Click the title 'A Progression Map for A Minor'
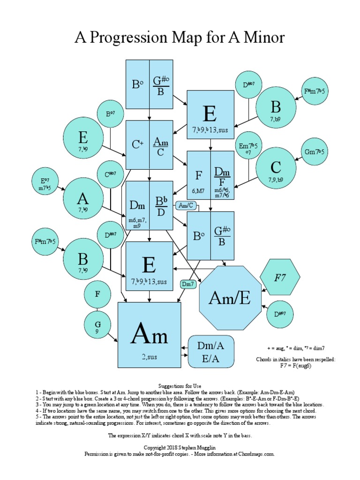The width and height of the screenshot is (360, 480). tap(180, 37)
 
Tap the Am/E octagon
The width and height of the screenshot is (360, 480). tap(230, 297)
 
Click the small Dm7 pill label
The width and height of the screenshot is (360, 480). tap(188, 284)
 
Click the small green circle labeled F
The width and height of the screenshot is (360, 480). tap(97, 295)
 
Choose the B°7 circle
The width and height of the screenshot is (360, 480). tap(110, 114)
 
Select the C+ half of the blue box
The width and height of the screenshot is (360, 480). tap(137, 144)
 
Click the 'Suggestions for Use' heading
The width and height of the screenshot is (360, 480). tap(180, 385)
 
